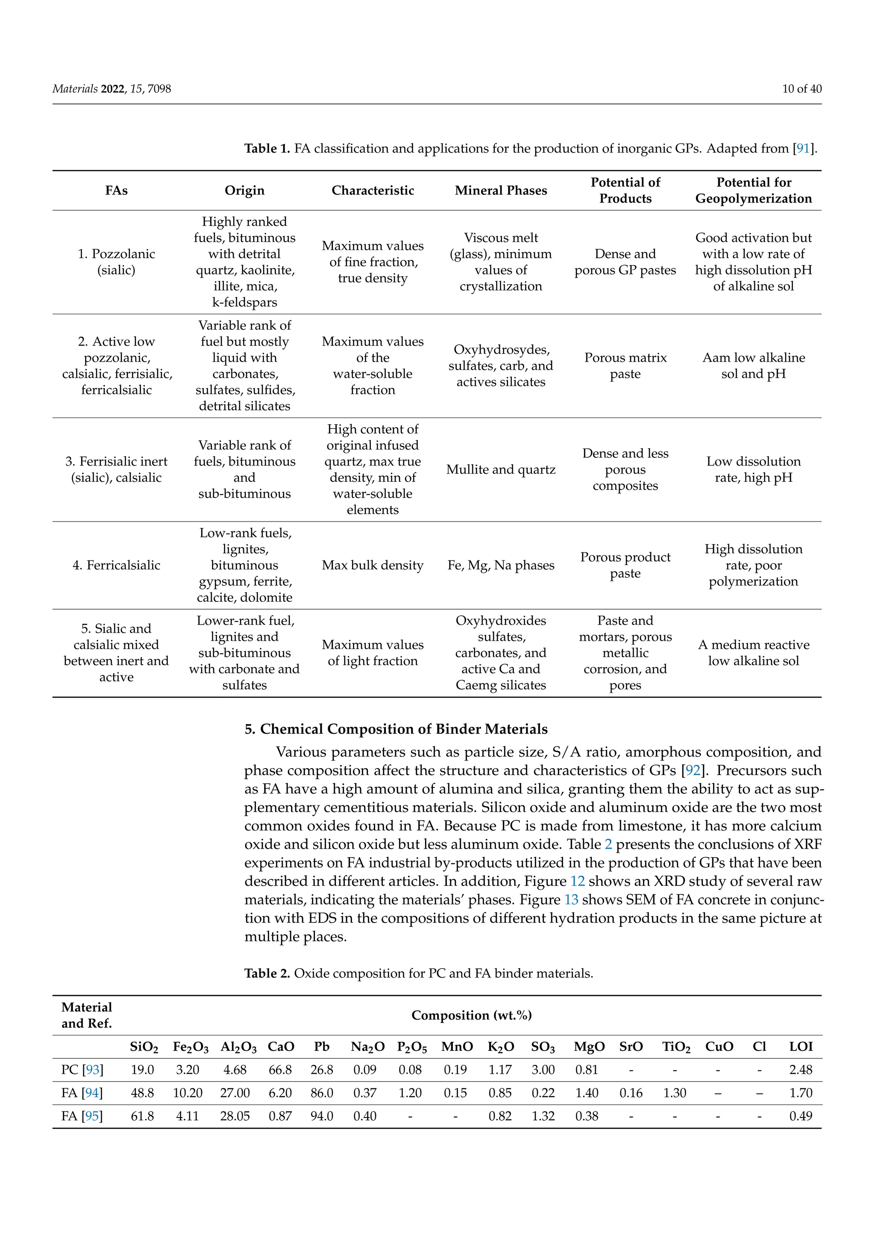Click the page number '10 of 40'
801,89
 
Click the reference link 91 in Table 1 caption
803,148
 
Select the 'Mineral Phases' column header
501,190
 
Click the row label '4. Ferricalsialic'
116,565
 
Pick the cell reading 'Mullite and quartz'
501,470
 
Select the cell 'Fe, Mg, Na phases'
501,565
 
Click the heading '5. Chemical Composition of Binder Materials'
396,729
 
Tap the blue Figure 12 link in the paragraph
578,881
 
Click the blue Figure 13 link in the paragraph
571,899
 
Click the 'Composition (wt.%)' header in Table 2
471,1015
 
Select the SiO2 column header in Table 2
144,1047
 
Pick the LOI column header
801,1046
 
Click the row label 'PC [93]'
82,1070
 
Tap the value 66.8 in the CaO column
280,1070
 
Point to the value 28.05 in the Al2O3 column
235,1116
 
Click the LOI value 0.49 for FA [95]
801,1116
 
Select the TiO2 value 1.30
675,1093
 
